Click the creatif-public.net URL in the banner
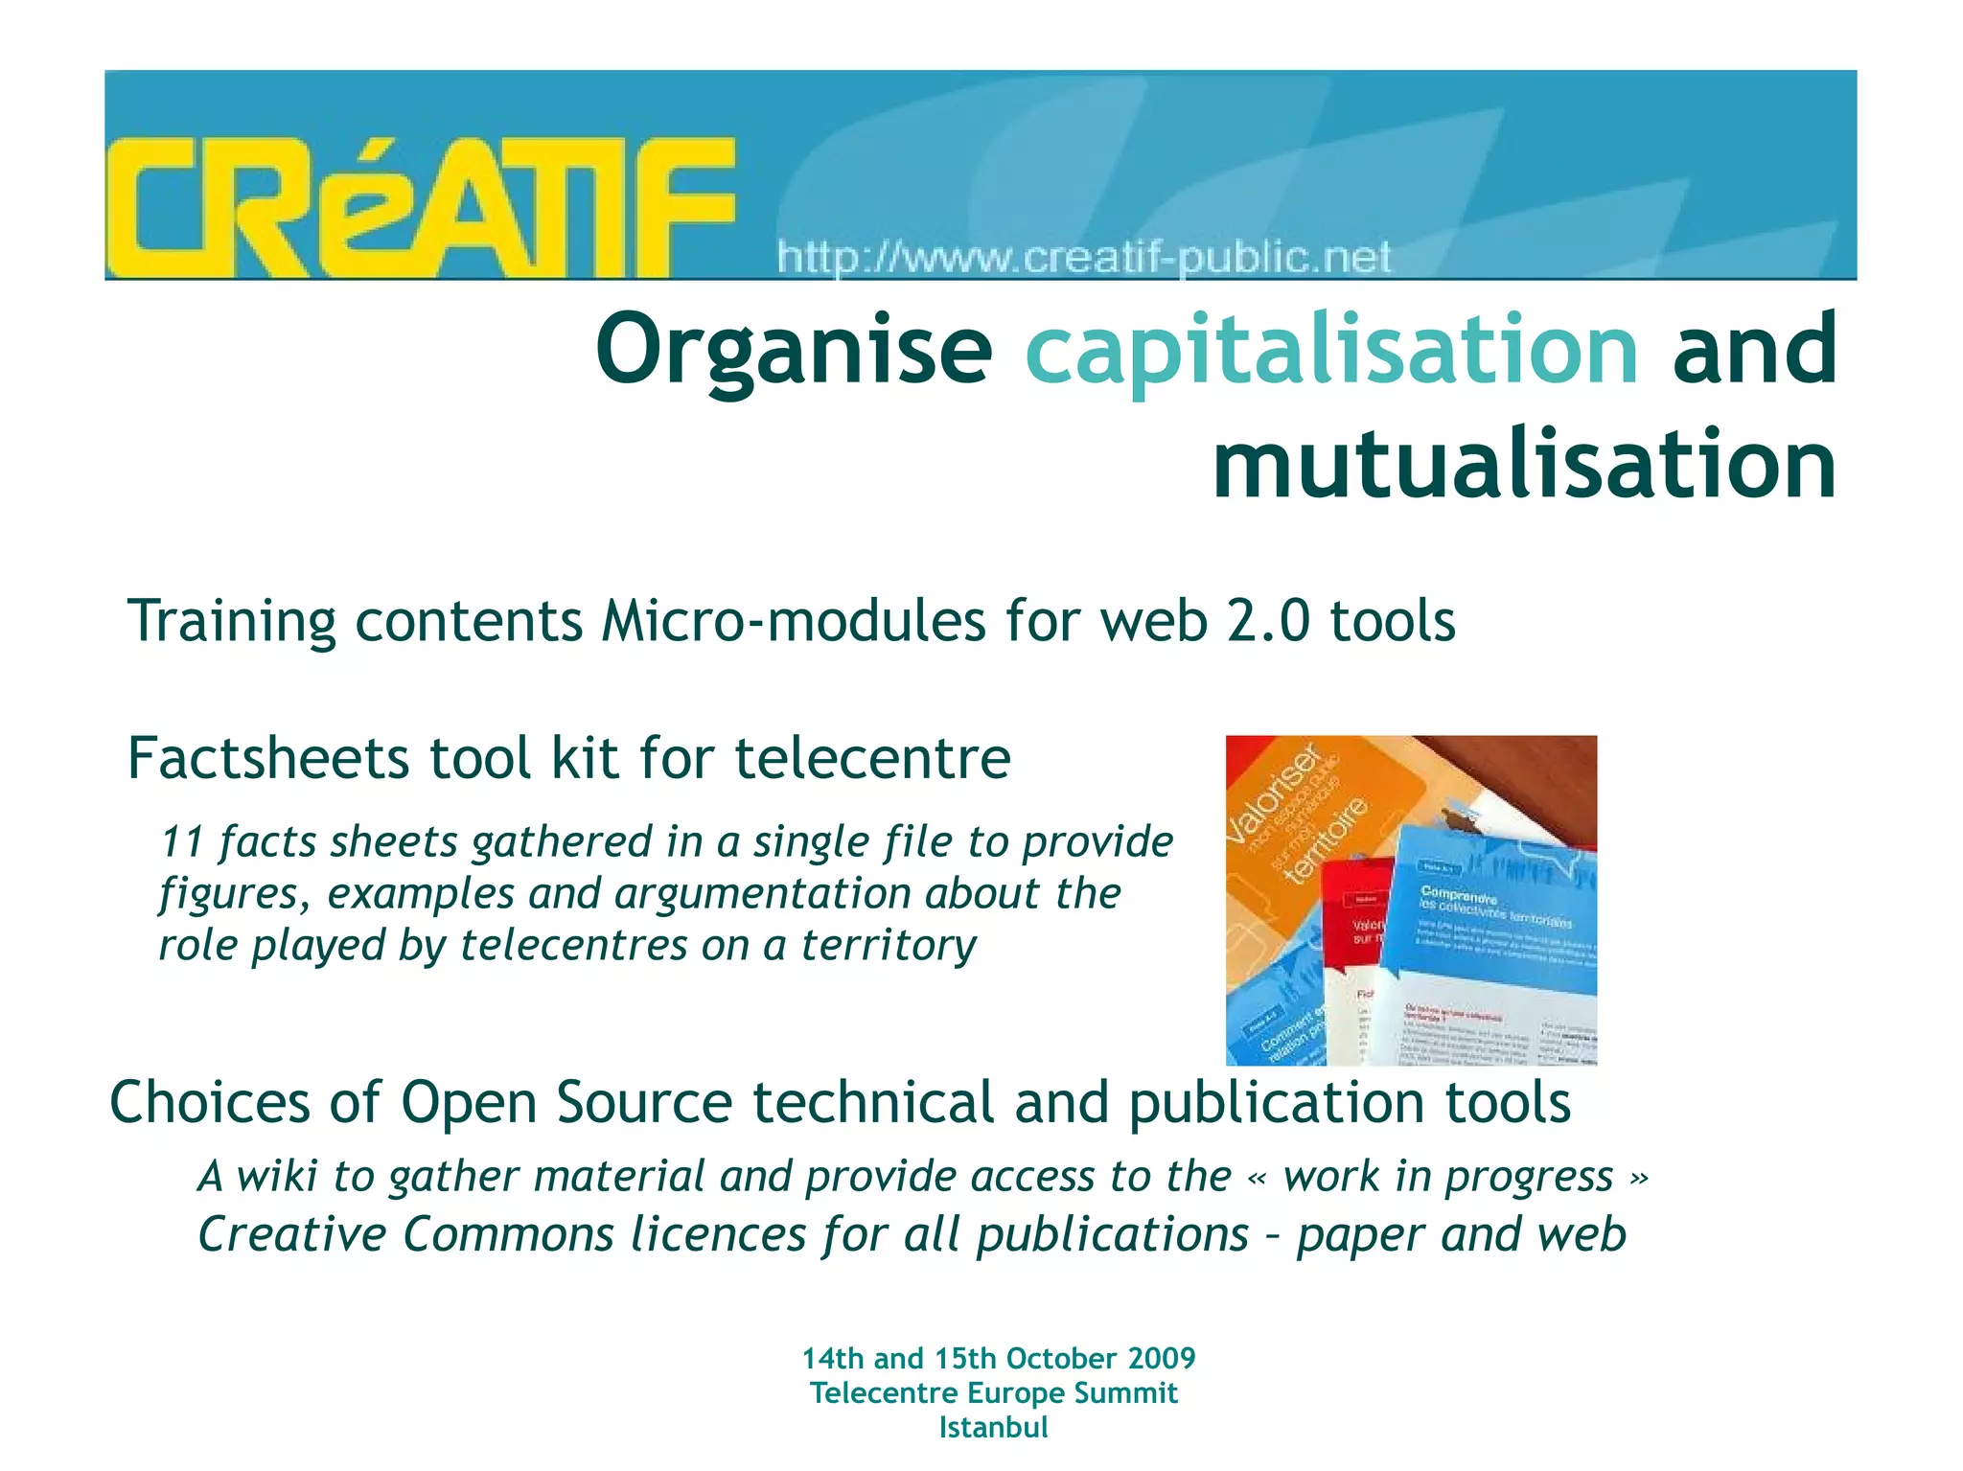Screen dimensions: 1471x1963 [1084, 258]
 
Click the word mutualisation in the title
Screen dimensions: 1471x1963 [1525, 465]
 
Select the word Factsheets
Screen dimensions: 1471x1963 [268, 758]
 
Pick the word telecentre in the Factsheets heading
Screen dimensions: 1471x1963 [872, 758]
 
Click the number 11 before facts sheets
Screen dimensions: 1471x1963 [182, 841]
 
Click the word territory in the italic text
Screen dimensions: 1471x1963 [889, 945]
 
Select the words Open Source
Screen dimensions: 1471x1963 [566, 1102]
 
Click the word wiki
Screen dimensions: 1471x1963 [277, 1176]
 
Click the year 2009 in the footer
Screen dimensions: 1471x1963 [1162, 1358]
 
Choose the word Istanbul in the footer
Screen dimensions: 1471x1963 [993, 1427]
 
